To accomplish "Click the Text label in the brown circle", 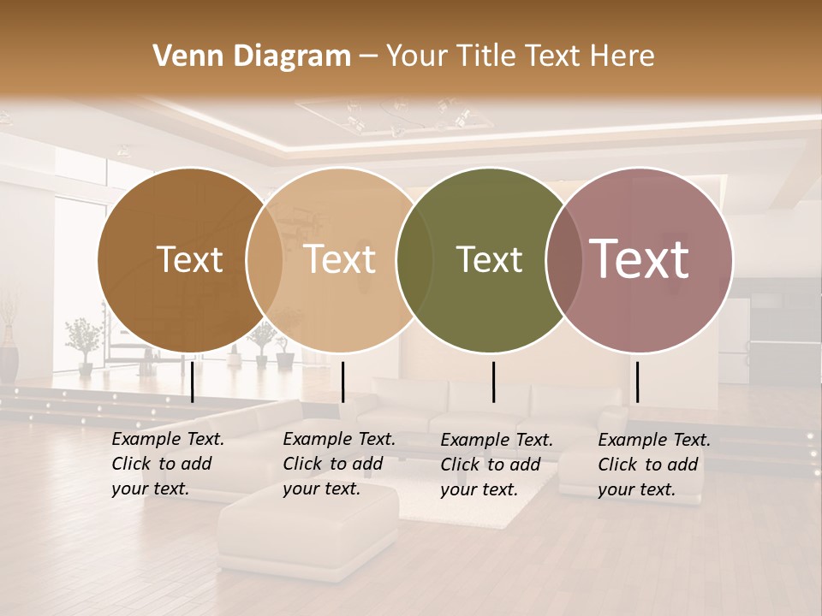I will (x=189, y=260).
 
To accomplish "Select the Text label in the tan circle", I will (x=339, y=260).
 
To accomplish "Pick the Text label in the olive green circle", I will (x=489, y=260).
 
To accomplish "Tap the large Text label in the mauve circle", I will (x=639, y=259).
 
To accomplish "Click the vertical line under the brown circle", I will (x=192, y=382).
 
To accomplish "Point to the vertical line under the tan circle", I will (x=342, y=382).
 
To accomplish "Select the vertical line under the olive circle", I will (x=494, y=382).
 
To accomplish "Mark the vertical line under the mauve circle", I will (x=637, y=382).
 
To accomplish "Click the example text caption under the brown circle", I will (x=168, y=465).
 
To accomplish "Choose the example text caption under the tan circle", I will (x=339, y=465).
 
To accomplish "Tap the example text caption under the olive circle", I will (x=497, y=465).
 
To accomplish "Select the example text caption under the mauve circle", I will (x=654, y=465).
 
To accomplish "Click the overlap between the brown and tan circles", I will (x=265, y=260).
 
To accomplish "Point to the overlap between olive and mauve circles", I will (x=563, y=260).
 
